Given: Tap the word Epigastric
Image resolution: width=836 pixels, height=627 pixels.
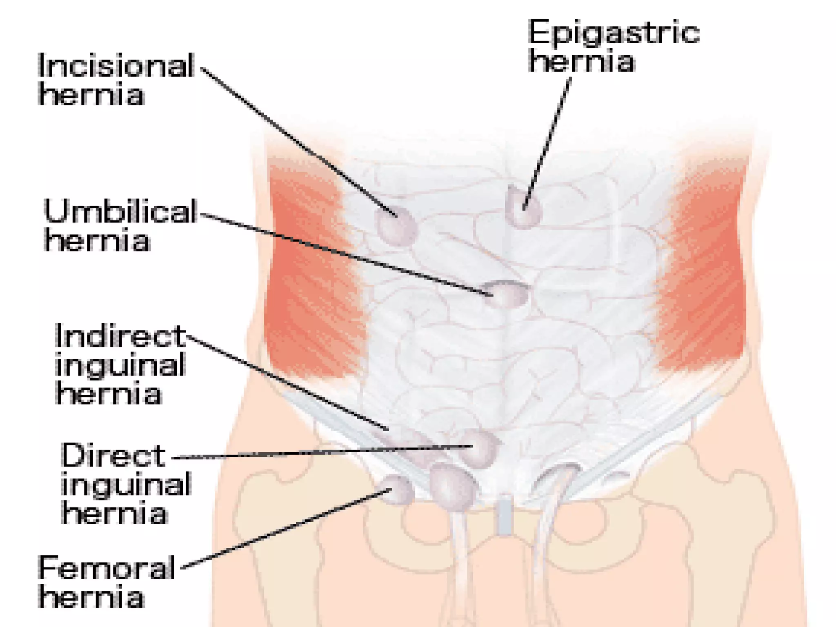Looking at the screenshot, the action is [614, 33].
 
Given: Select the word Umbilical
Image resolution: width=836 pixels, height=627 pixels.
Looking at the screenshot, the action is [120, 211].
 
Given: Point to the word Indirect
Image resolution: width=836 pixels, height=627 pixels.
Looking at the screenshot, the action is [120, 336].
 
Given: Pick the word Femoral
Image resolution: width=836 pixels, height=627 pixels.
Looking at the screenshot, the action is [107, 568].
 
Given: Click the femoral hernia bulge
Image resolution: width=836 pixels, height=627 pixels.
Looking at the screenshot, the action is [398, 490].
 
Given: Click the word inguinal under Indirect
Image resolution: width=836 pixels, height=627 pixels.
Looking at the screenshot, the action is [120, 365].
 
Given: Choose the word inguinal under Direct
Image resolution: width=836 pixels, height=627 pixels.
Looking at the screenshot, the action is [126, 485].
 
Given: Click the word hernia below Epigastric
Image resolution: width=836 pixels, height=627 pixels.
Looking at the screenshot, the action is [582, 62].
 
